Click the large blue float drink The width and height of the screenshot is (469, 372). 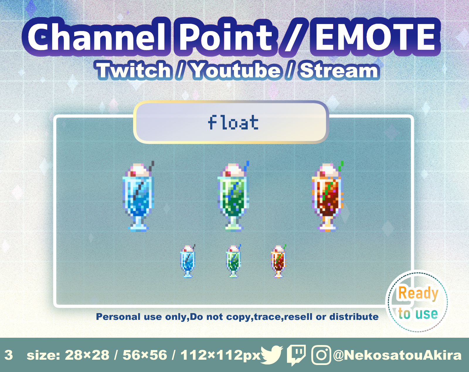click(138, 197)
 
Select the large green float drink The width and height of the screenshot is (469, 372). click(233, 197)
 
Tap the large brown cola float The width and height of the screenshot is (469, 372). click(327, 197)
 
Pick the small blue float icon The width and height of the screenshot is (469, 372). click(188, 261)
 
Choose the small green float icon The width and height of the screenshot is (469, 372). click(233, 261)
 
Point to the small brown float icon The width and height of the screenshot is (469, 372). click(279, 261)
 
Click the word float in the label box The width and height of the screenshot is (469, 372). click(233, 122)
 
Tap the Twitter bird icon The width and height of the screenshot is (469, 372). click(271, 355)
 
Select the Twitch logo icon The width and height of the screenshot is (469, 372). click(296, 355)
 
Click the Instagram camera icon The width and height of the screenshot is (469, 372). click(321, 355)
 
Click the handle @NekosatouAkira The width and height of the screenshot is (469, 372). click(397, 355)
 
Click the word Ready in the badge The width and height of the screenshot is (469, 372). click(418, 294)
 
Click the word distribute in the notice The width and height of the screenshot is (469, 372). click(354, 317)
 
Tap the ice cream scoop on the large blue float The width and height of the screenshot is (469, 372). click(139, 171)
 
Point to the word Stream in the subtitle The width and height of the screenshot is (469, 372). click(339, 70)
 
